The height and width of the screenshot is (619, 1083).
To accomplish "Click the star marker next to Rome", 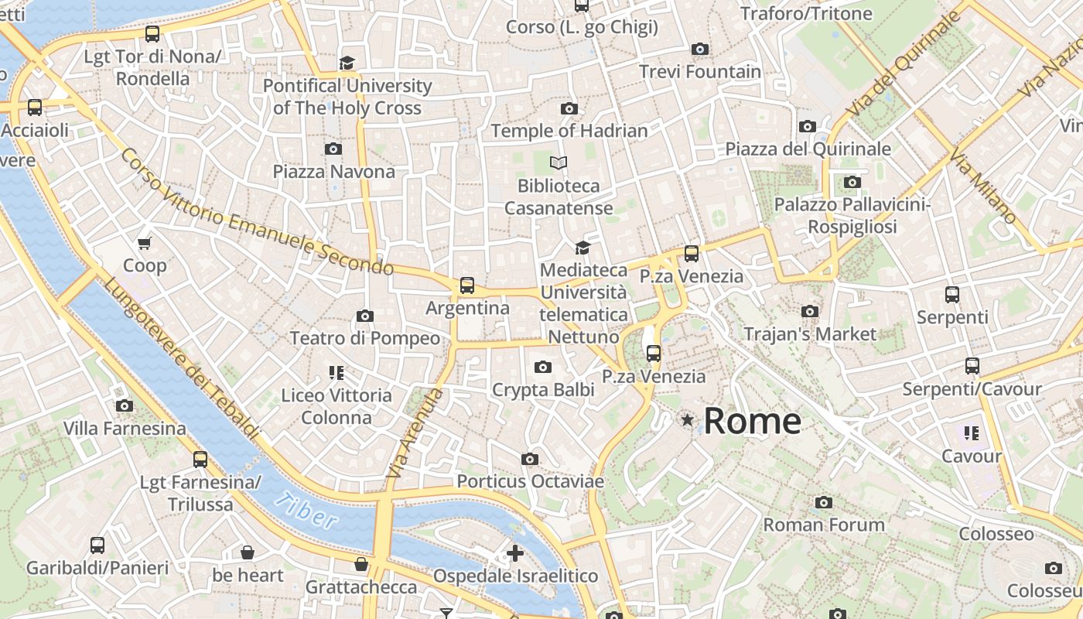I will click(687, 420).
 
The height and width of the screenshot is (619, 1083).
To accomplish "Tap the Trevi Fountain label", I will click(700, 71).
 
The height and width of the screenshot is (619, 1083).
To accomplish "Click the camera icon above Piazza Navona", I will click(333, 149).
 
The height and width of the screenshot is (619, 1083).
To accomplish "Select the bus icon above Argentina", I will click(467, 286).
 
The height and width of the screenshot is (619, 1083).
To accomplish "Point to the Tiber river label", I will click(307, 511).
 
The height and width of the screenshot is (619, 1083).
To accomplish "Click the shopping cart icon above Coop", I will click(145, 244).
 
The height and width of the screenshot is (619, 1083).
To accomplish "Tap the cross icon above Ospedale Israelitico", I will click(515, 553).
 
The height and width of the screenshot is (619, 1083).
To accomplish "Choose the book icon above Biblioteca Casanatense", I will click(559, 162).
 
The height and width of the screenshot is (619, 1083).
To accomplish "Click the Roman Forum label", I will click(824, 525).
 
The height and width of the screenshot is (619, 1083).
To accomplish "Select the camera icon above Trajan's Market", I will click(810, 312).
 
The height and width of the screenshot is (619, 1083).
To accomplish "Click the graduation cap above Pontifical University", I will click(347, 63).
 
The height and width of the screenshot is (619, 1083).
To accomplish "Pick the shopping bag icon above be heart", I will click(248, 552).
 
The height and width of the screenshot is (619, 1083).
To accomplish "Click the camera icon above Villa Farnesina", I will click(125, 405).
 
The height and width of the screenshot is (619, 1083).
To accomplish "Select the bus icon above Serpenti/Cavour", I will click(972, 366).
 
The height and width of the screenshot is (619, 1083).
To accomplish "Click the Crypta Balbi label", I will click(543, 389).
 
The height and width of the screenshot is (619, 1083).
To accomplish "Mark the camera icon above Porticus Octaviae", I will click(530, 460).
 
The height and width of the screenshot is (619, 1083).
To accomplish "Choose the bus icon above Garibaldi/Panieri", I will click(97, 545).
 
